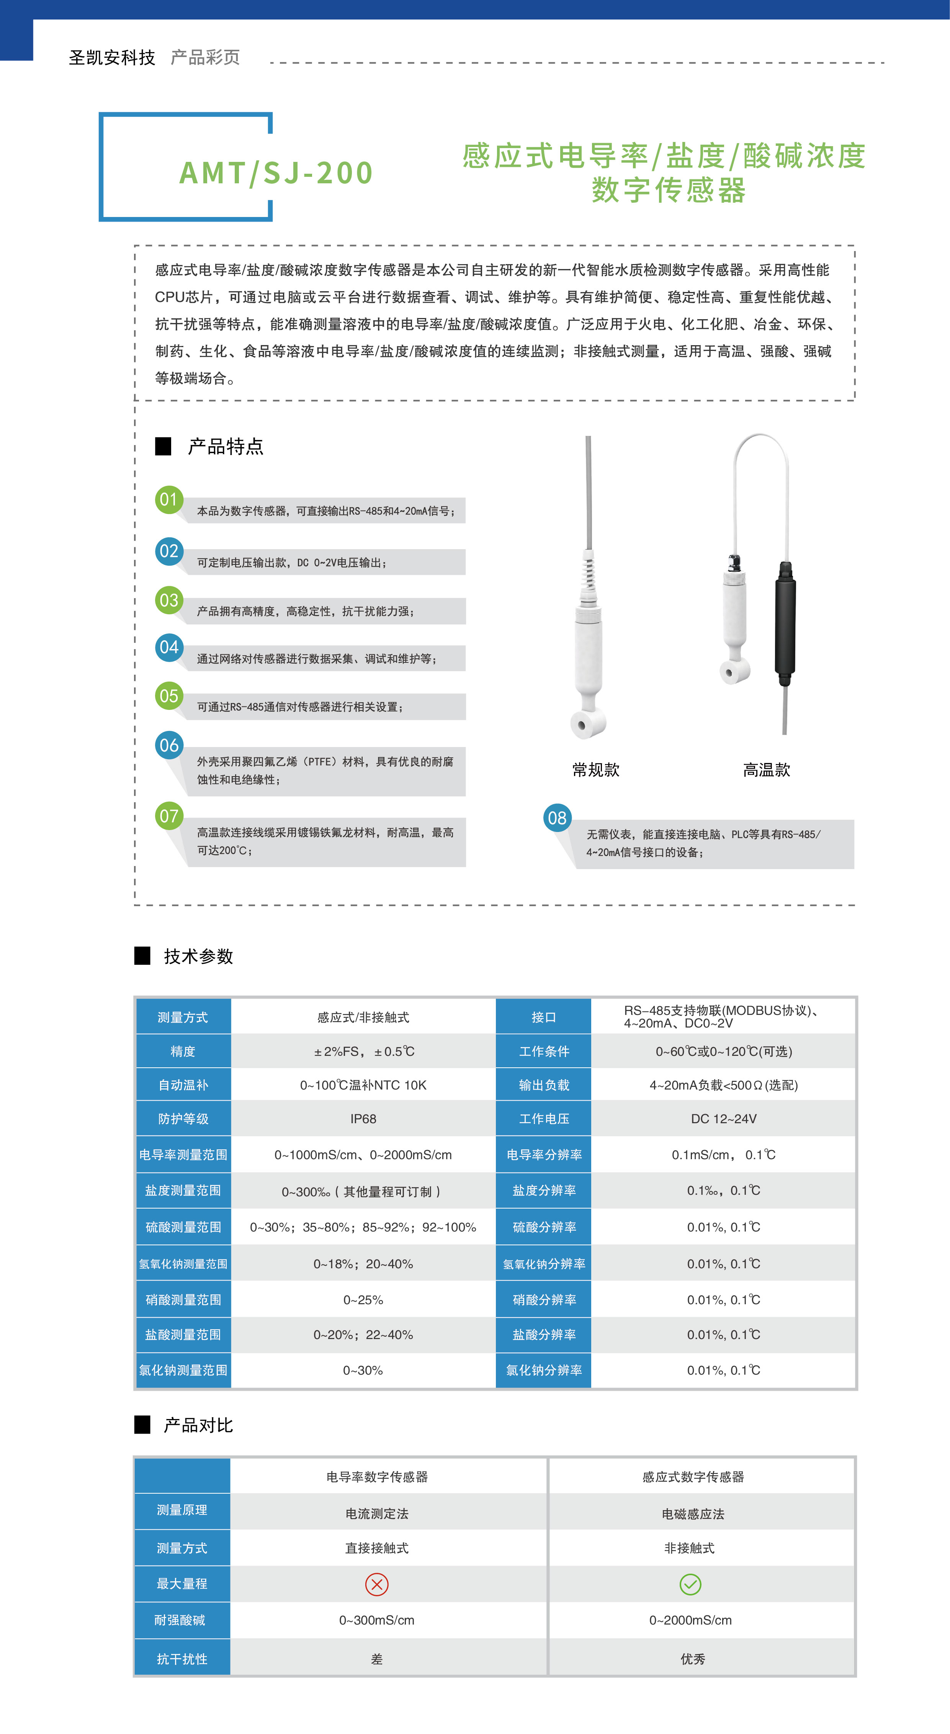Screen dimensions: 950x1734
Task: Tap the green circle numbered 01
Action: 169,499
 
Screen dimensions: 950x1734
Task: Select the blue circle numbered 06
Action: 169,745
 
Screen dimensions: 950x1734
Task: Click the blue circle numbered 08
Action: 557,818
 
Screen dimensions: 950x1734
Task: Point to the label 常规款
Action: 596,770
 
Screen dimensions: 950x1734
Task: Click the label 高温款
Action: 766,770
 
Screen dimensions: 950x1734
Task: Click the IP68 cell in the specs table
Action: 363,1119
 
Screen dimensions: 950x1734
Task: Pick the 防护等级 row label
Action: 183,1119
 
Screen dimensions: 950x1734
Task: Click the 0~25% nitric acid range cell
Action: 363,1300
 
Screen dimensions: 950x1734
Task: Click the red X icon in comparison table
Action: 376,1584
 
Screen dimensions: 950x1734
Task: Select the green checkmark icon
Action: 690,1584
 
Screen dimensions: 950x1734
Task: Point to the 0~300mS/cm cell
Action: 376,1620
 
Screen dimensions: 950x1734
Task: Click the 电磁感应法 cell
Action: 693,1514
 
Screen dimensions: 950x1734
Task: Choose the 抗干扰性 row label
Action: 182,1659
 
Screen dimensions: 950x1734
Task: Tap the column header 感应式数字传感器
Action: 693,1477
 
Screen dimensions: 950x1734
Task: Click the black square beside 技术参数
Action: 142,956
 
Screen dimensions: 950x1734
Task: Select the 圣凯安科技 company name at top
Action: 112,58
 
